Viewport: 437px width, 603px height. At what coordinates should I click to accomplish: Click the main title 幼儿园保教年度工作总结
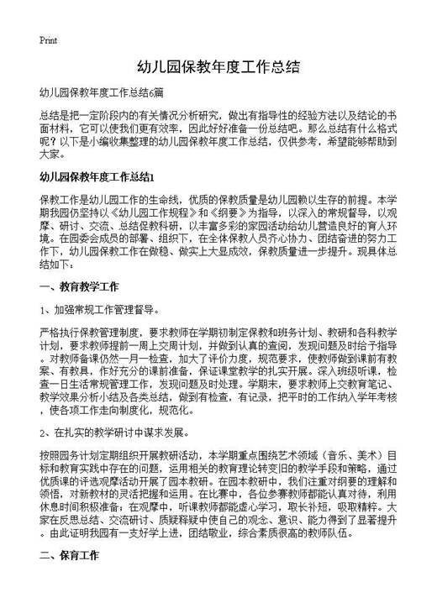pyautogui.click(x=218, y=66)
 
